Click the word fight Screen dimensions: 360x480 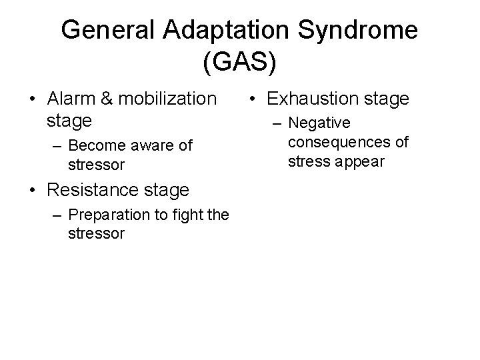coord(193,215)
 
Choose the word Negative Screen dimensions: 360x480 coord(319,124)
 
